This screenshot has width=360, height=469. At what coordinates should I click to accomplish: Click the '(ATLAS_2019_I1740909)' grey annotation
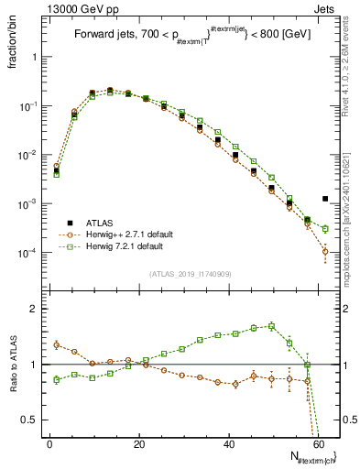(x=190, y=274)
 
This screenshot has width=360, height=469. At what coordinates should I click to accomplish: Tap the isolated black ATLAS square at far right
(x=325, y=199)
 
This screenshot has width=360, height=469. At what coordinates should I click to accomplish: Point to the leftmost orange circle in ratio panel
(x=56, y=344)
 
